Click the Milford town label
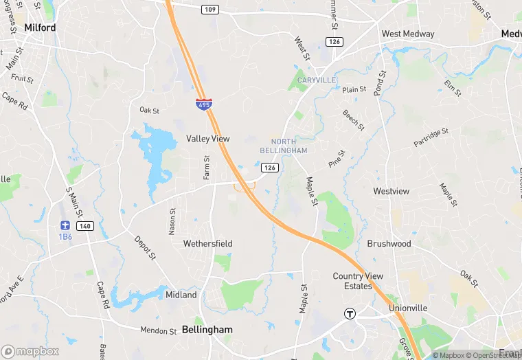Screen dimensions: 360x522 click(39, 27)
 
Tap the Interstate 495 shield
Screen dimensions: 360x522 click(203, 104)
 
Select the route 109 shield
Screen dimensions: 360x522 click(210, 10)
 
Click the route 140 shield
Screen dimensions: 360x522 click(84, 225)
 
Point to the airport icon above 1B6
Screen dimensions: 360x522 click(65, 225)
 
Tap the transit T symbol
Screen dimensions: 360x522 click(350, 314)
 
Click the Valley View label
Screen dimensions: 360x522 click(207, 139)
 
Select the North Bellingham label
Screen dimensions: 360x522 click(284, 146)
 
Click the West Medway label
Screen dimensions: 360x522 click(408, 34)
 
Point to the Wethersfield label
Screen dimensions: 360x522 click(207, 244)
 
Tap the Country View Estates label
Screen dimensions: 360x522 click(358, 281)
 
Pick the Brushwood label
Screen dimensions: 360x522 click(389, 244)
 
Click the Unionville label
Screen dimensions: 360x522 click(408, 308)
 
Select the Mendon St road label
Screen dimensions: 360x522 click(159, 330)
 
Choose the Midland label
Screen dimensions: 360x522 click(181, 295)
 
